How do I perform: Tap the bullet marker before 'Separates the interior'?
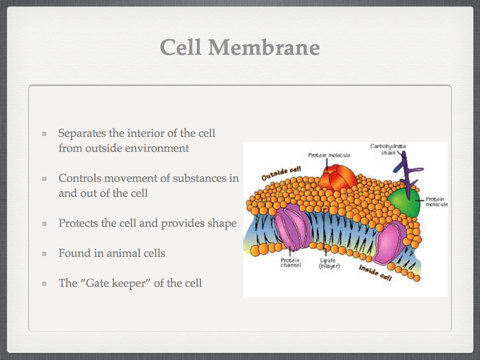[x=45, y=134]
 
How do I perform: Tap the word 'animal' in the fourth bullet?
[x=123, y=253]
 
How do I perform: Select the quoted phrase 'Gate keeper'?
[x=117, y=283]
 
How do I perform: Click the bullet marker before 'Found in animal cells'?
[x=45, y=254]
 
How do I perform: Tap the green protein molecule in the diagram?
[x=404, y=202]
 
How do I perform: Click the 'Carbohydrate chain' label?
[x=388, y=150]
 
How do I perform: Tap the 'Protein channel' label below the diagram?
[x=291, y=263]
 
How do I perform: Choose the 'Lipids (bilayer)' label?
[x=329, y=263]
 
